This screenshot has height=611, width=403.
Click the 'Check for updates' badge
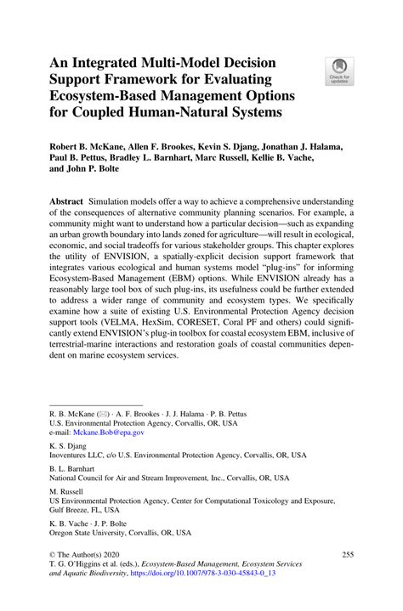click(341, 71)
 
